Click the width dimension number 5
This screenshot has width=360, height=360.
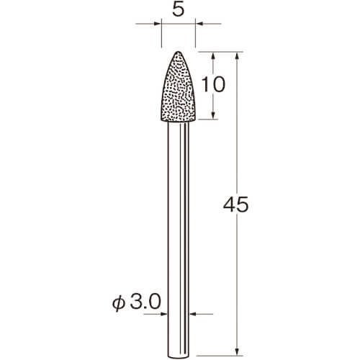pos(179,10)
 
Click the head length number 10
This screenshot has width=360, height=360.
pos(213,84)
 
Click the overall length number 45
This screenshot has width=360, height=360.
pos(236,204)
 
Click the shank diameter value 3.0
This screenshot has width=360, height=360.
pos(145,302)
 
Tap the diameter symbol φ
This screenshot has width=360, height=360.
pos(119,303)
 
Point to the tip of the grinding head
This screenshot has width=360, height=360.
pos(178,52)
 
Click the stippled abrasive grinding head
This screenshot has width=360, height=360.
pos(178,88)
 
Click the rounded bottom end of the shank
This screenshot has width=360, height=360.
pos(179,357)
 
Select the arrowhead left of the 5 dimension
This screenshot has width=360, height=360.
pos(157,24)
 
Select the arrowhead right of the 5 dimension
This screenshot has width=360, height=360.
pos(199,24)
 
